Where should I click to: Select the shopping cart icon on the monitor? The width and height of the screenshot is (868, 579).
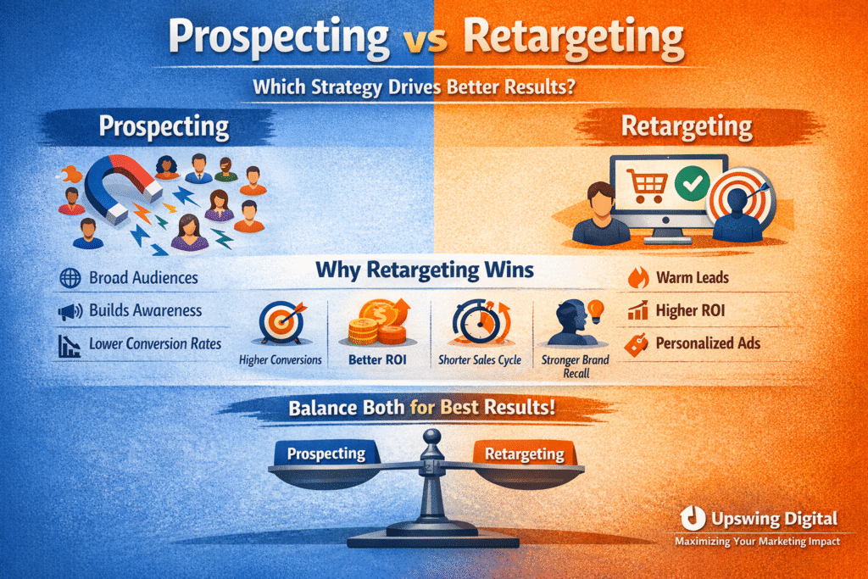(645, 184)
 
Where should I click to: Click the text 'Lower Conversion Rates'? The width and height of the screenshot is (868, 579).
(155, 344)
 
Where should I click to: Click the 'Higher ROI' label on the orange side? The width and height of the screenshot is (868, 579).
(690, 311)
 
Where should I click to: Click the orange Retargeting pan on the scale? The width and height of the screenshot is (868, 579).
(525, 455)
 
